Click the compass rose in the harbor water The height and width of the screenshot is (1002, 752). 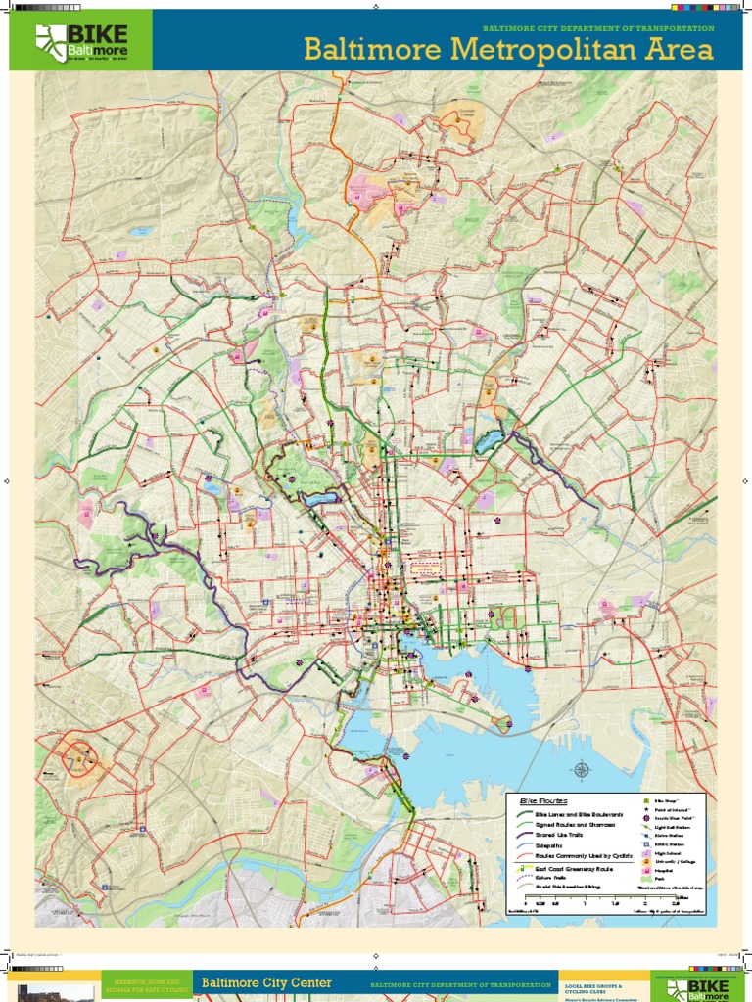[582, 770]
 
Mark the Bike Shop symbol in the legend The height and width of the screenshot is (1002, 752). [646, 802]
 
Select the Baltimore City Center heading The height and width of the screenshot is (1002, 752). [266, 982]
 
